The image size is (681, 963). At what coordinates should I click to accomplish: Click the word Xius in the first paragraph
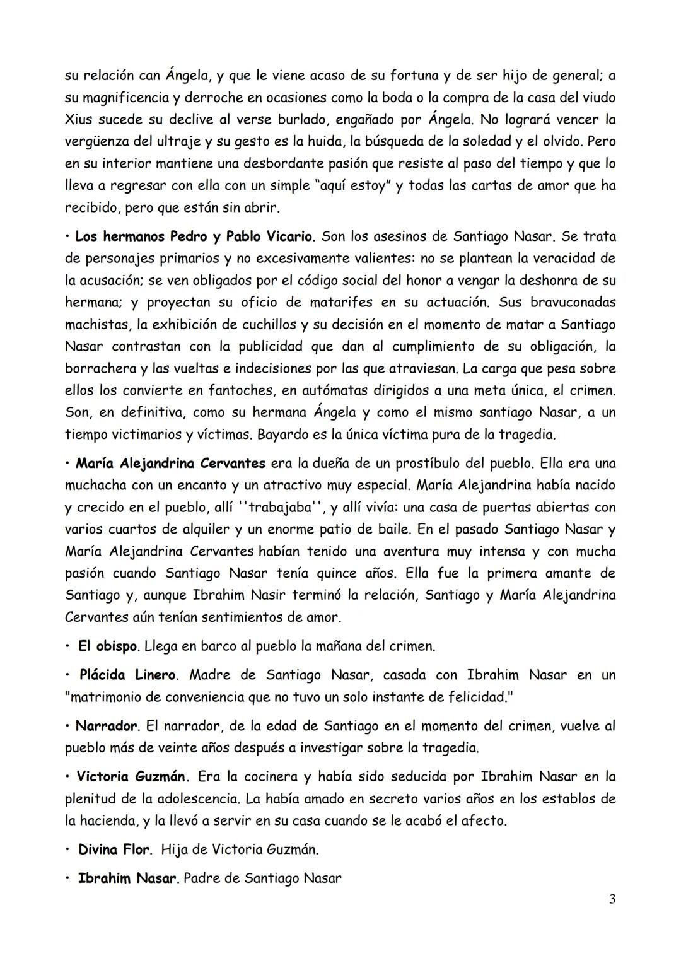pyautogui.click(x=79, y=120)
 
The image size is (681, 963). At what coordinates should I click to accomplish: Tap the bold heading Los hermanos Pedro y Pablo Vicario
pyautogui.click(x=194, y=237)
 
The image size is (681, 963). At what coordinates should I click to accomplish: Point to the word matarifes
pyautogui.click(x=340, y=303)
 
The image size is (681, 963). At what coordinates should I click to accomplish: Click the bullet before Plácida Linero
pyautogui.click(x=67, y=675)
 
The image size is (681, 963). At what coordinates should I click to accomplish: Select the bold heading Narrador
pyautogui.click(x=106, y=727)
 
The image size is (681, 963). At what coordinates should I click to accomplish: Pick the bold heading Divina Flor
pyautogui.click(x=113, y=850)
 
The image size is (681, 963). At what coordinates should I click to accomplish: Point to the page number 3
pyautogui.click(x=612, y=900)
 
